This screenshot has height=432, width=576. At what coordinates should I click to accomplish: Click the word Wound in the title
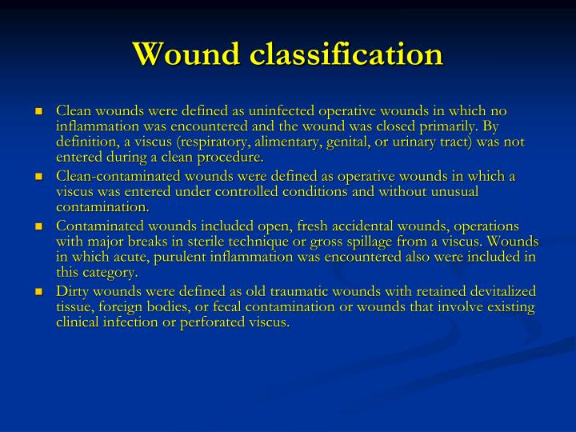[x=186, y=54]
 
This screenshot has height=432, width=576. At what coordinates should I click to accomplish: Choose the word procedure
[x=232, y=157]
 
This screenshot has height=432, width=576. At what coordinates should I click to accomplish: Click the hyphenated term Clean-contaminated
[x=112, y=177]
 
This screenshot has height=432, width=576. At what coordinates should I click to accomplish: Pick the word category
[x=110, y=273]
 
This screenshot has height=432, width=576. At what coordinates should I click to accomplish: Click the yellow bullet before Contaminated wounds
[x=39, y=227]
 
